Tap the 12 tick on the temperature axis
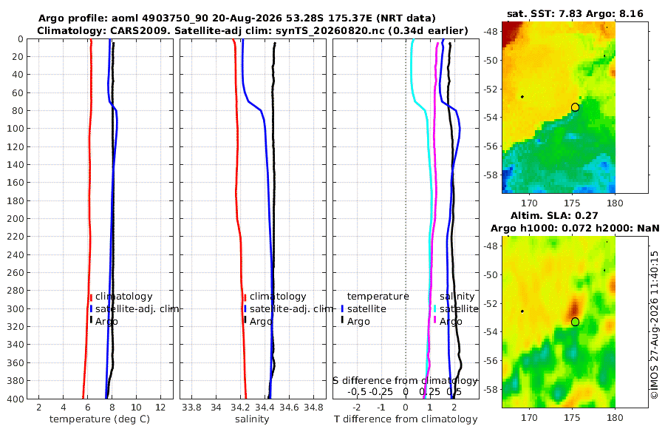[160, 407]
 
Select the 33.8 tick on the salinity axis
[191, 407]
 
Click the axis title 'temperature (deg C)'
[100, 419]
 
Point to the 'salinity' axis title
[252, 419]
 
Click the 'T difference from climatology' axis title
[406, 419]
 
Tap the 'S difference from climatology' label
[405, 381]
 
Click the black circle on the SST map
[575, 107]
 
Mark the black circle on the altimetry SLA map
[575, 322]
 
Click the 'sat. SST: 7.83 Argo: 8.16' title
[575, 14]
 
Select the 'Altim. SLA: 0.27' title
[554, 215]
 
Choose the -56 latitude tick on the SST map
[491, 146]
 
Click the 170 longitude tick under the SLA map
[529, 417]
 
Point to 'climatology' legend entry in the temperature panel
[123, 297]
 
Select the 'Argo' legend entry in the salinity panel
[260, 322]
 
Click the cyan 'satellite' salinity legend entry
[458, 308]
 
